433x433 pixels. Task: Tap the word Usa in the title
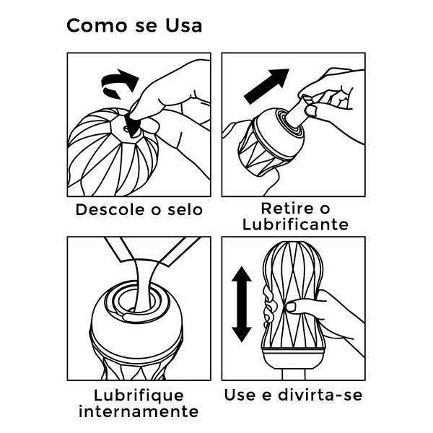point(182,26)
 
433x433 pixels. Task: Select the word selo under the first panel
point(183,211)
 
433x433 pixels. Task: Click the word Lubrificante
point(294,225)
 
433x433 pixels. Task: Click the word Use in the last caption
point(241,395)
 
